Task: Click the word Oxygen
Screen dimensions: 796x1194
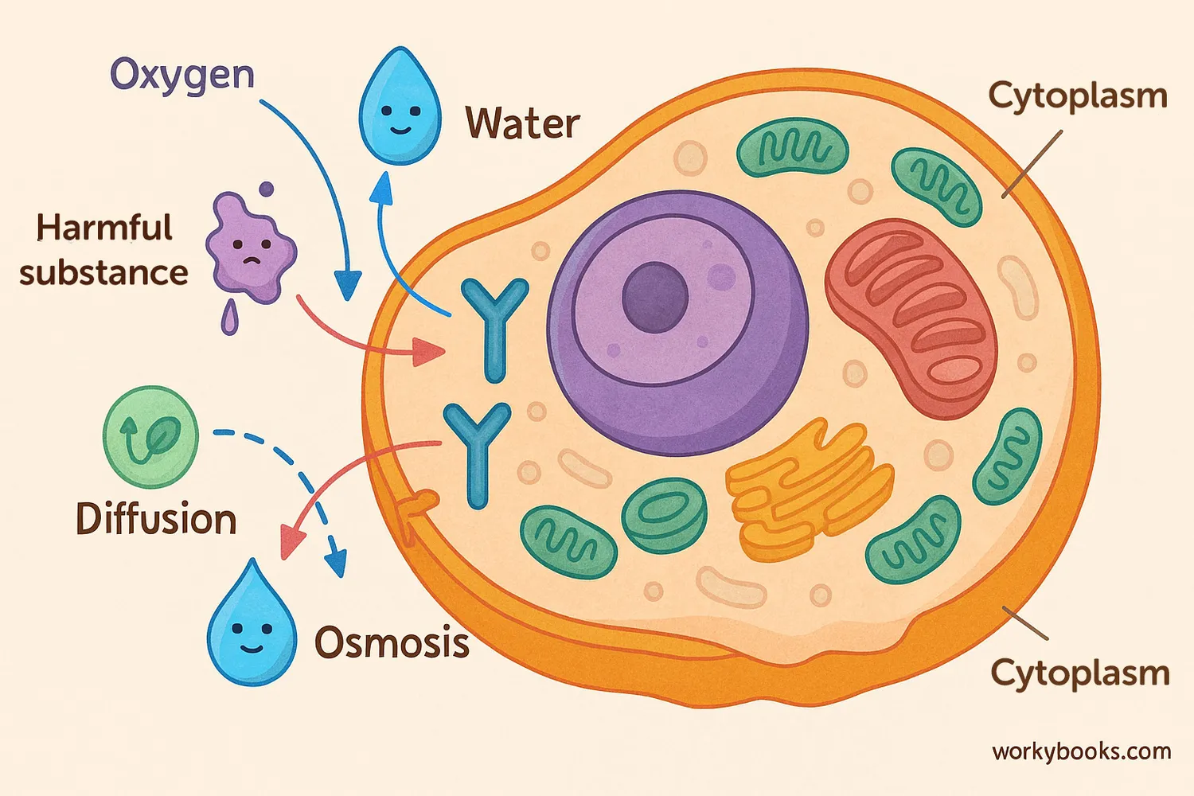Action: coord(181,76)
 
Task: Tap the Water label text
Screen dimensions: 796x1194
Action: coord(522,124)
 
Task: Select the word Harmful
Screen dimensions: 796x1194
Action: coord(104,228)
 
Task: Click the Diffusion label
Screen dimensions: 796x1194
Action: coord(156,519)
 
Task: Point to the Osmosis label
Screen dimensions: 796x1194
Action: coord(392,642)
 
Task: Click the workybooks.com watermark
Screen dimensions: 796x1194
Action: coord(1081,751)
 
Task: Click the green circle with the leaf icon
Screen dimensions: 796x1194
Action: coord(151,436)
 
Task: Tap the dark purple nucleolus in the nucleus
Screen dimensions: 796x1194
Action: coord(654,297)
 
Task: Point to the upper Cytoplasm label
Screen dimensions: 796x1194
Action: coord(1078,96)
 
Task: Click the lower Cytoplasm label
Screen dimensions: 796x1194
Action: coord(1079,673)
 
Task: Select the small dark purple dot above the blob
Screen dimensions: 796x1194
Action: coord(267,189)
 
